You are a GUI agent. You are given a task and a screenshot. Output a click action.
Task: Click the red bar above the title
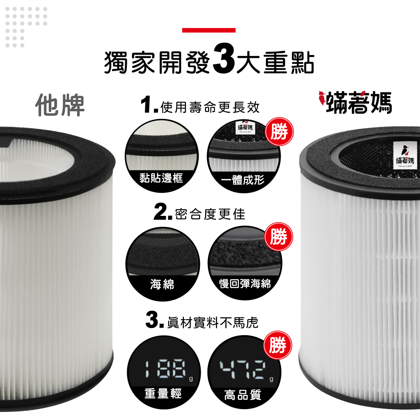pyautogui.click(x=209, y=30)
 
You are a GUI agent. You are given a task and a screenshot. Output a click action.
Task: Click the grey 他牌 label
pyautogui.click(x=60, y=105)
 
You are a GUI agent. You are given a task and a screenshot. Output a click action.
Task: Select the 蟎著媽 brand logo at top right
pyautogui.click(x=355, y=102)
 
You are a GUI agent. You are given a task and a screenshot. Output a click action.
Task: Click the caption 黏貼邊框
pyautogui.click(x=161, y=178)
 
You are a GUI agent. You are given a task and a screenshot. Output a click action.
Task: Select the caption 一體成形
pyautogui.click(x=243, y=179)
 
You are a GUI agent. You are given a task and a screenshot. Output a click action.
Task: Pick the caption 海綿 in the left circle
pyautogui.click(x=162, y=284)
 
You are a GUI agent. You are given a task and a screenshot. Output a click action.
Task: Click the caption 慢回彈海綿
pyautogui.click(x=245, y=283)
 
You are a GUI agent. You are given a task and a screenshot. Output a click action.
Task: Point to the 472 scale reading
pyautogui.click(x=243, y=370)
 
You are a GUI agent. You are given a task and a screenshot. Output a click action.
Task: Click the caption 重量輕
pyautogui.click(x=163, y=394)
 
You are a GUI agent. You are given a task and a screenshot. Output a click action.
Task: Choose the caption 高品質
pyautogui.click(x=243, y=395)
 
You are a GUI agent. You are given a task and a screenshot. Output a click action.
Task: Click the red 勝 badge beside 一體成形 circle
pyautogui.click(x=279, y=131)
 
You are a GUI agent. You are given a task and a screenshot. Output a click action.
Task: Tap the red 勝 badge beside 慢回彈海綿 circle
pyautogui.click(x=278, y=236)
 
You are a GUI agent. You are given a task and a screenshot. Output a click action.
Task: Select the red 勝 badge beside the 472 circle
pyautogui.click(x=278, y=345)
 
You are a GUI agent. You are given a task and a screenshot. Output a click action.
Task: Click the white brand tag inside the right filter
pyautogui.click(x=405, y=155)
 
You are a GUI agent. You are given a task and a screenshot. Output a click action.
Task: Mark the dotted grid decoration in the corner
pyautogui.click(x=26, y=27)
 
